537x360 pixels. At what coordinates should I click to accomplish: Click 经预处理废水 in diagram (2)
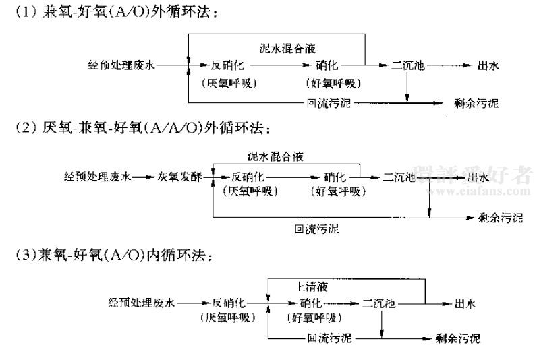pos(92,177)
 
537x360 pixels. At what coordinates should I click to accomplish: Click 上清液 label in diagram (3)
pos(315,286)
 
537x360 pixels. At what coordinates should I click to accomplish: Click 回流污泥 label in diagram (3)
pos(330,338)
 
